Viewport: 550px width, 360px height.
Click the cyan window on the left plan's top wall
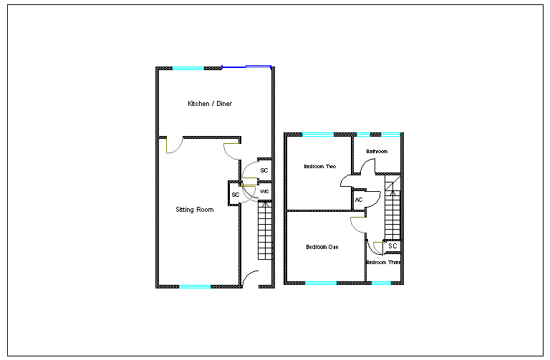[188, 68]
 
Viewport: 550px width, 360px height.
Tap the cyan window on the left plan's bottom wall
[195, 286]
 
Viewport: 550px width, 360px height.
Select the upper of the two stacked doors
[250, 170]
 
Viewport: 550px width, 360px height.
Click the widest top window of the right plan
[318, 135]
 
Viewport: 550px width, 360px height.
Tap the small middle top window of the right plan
[363, 135]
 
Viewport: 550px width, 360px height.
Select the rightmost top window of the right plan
[390, 135]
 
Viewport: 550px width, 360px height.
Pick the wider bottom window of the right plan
[321, 283]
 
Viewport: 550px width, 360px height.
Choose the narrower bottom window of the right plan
[381, 283]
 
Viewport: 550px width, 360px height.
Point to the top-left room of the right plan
[319, 172]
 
